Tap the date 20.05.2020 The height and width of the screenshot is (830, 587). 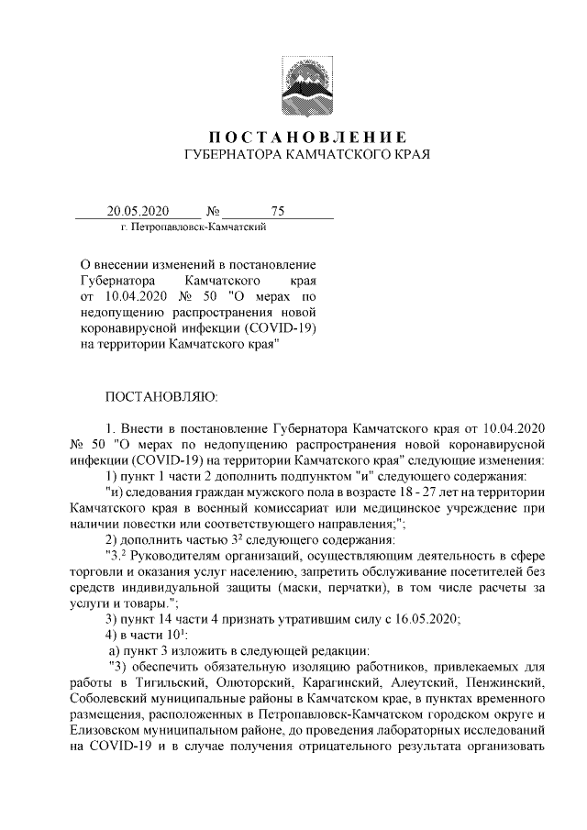coord(138,211)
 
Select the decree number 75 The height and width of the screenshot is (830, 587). coord(278,211)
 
